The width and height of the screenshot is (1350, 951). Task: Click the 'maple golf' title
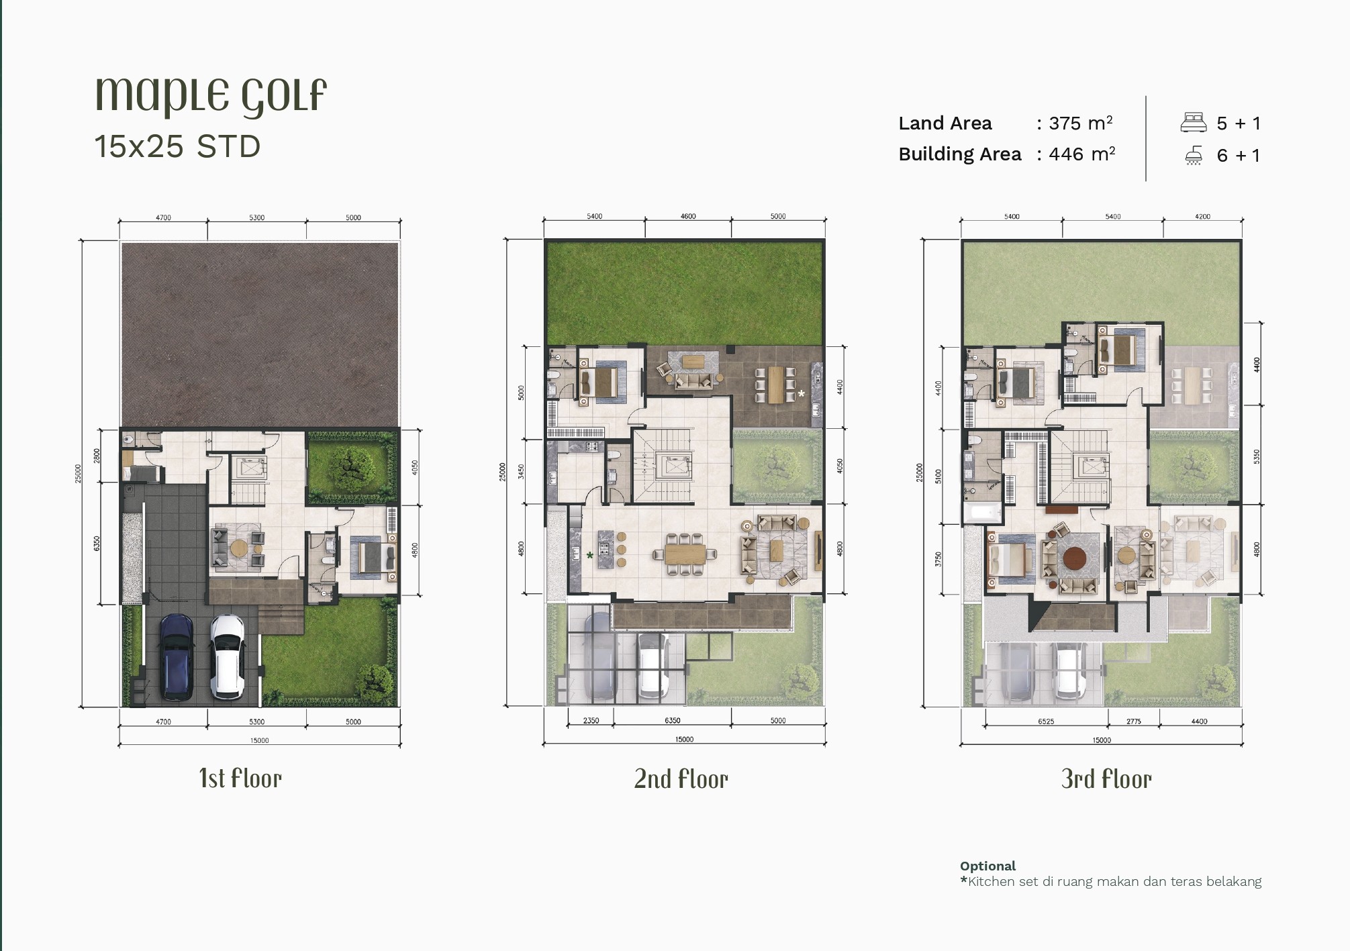pyautogui.click(x=211, y=95)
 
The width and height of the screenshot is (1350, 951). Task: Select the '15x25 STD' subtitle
pyautogui.click(x=177, y=146)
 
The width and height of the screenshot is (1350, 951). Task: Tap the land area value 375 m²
pyautogui.click(x=1081, y=123)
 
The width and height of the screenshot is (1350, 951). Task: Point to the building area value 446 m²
pyautogui.click(x=1082, y=154)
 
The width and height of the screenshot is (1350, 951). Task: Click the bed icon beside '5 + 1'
pyautogui.click(x=1194, y=122)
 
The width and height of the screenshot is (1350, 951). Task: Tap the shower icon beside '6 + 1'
pyautogui.click(x=1194, y=156)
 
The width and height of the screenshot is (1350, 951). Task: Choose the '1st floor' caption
pyautogui.click(x=240, y=779)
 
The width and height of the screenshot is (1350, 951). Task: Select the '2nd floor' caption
pyautogui.click(x=681, y=779)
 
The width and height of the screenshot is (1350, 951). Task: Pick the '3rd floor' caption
pyautogui.click(x=1106, y=779)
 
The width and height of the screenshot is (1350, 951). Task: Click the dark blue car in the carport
pyautogui.click(x=176, y=657)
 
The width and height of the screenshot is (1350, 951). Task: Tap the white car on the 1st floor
pyautogui.click(x=227, y=657)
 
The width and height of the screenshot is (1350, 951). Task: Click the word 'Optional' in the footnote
pyautogui.click(x=987, y=866)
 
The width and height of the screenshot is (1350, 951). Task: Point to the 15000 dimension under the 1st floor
pyautogui.click(x=259, y=740)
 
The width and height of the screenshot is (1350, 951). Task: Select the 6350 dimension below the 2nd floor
pyautogui.click(x=672, y=720)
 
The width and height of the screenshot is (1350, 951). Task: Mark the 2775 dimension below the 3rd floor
pyautogui.click(x=1134, y=721)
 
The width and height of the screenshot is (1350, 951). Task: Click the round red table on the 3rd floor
pyautogui.click(x=1074, y=558)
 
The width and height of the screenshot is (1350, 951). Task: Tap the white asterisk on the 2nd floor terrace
pyautogui.click(x=801, y=393)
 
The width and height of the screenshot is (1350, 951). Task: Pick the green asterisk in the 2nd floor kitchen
pyautogui.click(x=589, y=555)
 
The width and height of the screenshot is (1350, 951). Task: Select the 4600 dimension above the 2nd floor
pyautogui.click(x=688, y=216)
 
